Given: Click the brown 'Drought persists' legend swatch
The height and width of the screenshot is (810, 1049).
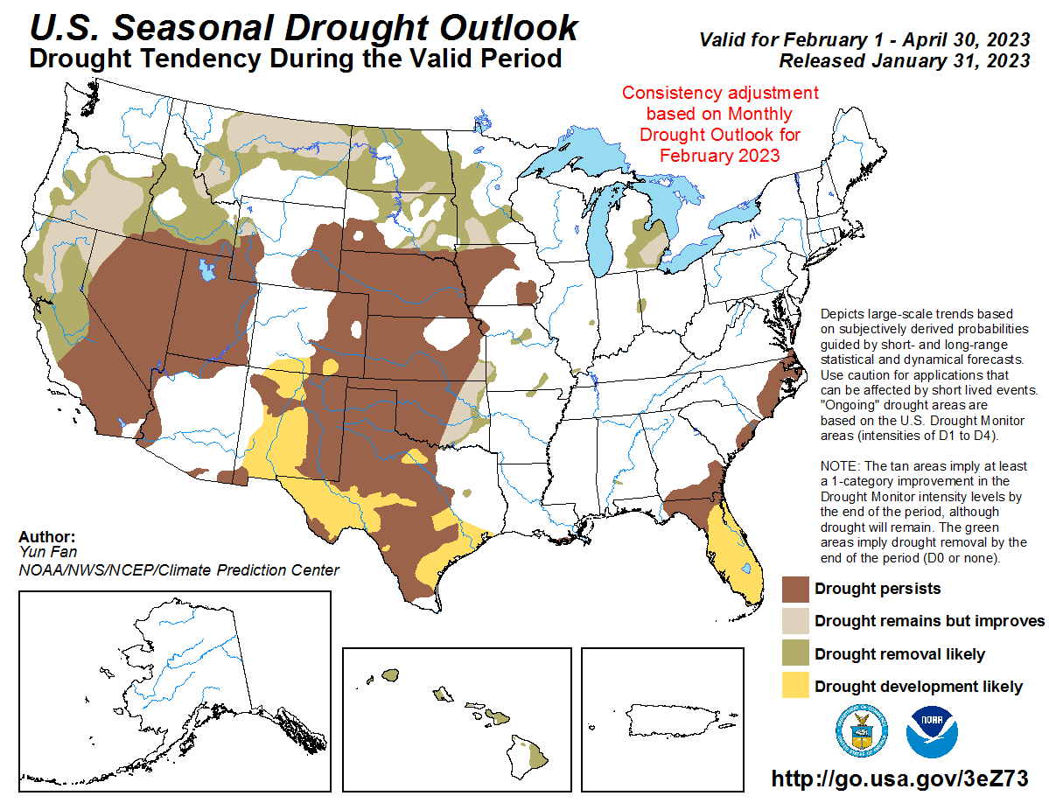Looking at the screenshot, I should [795, 589].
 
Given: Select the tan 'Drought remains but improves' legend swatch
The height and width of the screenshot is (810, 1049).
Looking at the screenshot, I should [795, 621].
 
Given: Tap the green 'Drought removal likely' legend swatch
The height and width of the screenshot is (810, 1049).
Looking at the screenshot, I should [795, 654].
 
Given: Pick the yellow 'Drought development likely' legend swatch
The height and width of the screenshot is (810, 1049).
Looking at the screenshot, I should [795, 687].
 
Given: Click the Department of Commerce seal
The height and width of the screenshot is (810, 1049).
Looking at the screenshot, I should [864, 730].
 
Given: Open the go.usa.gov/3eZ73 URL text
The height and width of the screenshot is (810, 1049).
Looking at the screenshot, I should [899, 779].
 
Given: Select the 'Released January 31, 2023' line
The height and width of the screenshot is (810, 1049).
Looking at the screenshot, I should [904, 60].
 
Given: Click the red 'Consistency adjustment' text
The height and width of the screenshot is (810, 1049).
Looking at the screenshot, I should [719, 93].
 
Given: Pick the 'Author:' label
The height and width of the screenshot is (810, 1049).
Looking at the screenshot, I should [46, 537].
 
